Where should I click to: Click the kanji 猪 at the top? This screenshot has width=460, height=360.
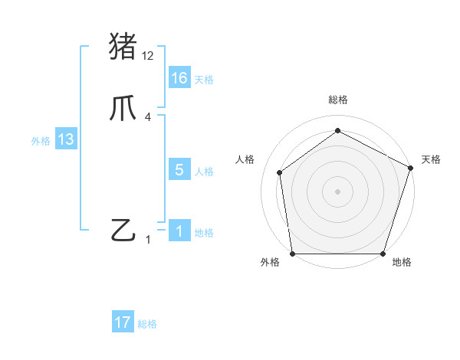coord(123,46)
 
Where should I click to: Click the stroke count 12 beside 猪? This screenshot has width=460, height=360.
coord(148,55)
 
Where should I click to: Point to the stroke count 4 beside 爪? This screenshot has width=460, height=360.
coord(147,117)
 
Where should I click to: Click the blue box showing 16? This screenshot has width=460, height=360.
coord(179,78)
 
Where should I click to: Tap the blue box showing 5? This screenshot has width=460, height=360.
coord(179,170)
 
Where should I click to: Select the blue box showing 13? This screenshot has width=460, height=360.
coord(65,140)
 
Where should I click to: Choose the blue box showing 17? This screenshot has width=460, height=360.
coord(123,323)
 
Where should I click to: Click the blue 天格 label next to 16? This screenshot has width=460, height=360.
coord(204,80)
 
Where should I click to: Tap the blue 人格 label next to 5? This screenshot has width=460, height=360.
coord(204,172)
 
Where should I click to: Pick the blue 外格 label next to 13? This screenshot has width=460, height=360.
coord(41,141)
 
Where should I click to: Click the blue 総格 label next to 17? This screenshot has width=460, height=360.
coord(147,325)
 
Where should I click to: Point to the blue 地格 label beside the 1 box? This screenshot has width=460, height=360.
coord(204,233)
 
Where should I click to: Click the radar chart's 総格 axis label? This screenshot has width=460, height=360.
coord(337,100)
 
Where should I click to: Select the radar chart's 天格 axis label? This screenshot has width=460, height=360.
coord(431,159)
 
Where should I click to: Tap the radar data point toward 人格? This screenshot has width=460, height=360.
coord(280,172)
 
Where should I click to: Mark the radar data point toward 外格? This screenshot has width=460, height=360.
coord(292,254)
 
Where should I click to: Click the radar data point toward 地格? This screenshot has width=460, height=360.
coord(383,254)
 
